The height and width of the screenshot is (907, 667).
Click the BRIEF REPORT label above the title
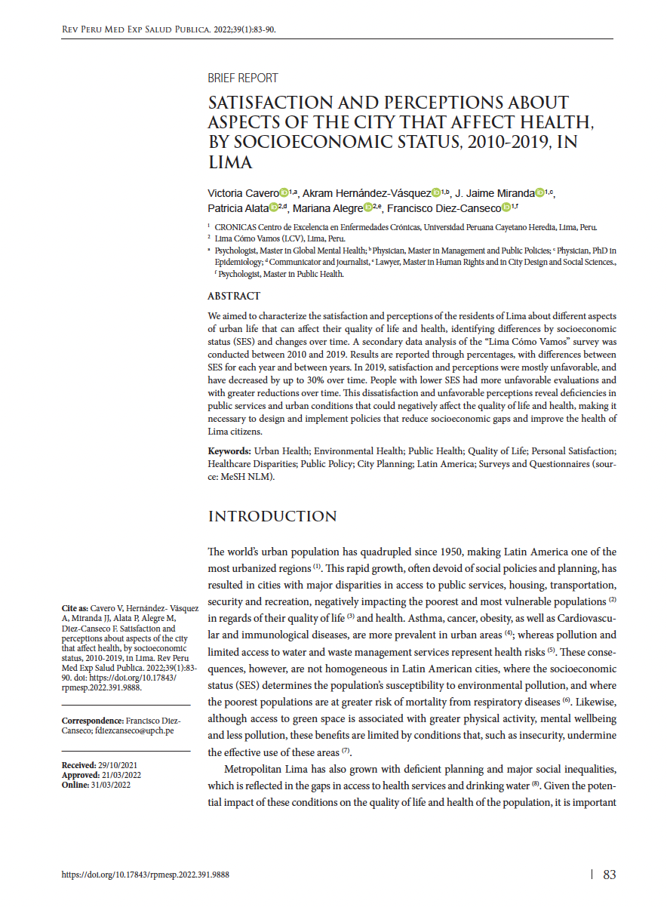coord(242,78)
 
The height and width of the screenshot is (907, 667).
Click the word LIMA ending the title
coord(230,161)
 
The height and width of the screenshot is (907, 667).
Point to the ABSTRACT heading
coord(234,296)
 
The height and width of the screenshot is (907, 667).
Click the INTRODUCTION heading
coord(272,516)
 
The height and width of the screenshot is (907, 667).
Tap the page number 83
coord(610,875)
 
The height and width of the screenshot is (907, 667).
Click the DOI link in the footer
coord(145,875)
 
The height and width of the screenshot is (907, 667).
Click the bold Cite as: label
coord(75,608)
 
